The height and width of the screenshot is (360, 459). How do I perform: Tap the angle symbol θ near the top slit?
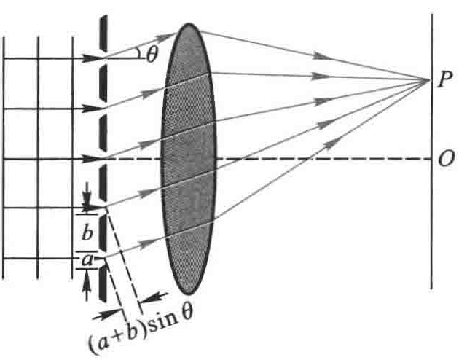point(151,55)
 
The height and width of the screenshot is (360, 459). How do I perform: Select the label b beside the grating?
point(87,234)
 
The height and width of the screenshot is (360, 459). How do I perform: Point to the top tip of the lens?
point(189,25)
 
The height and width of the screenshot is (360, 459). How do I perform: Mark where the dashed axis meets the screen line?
point(431,160)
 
